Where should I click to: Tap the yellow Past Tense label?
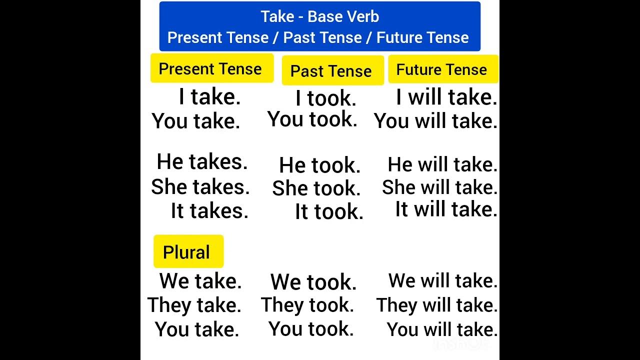[331, 71]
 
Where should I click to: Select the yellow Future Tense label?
[441, 69]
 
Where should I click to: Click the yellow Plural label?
[186, 252]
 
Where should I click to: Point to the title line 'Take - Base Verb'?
[320, 16]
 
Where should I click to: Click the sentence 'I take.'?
[209, 96]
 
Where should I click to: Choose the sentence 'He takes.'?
[202, 162]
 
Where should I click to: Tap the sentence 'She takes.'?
[200, 186]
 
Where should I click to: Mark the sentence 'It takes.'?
[209, 210]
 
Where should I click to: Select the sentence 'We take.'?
[200, 281]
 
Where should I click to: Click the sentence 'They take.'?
[194, 305]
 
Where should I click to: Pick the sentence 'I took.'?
[326, 98]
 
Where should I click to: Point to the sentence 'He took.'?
[319, 165]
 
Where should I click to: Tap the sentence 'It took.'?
[329, 211]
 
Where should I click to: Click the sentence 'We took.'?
[313, 282]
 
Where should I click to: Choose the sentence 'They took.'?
[307, 305]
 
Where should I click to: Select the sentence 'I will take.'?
[446, 97]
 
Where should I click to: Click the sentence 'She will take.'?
[440, 187]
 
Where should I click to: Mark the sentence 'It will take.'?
[446, 209]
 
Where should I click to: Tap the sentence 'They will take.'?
[437, 305]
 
